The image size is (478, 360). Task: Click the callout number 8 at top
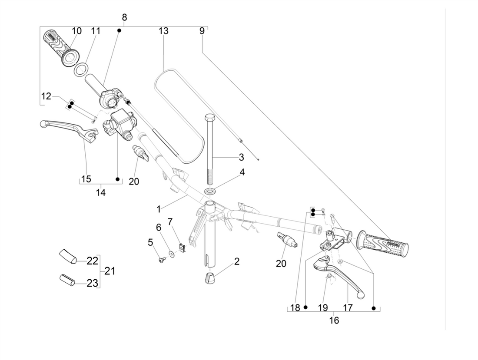pyautogui.click(x=124, y=18)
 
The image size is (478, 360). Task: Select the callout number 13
pyautogui.click(x=163, y=31)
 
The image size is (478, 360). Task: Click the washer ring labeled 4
pyautogui.click(x=211, y=191)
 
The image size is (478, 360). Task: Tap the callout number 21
pyautogui.click(x=110, y=271)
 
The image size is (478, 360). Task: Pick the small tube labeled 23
pyautogui.click(x=67, y=280)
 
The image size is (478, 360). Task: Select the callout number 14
pyautogui.click(x=100, y=192)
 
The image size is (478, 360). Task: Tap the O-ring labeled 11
pyautogui.click(x=80, y=69)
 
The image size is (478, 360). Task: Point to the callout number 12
pyautogui.click(x=46, y=96)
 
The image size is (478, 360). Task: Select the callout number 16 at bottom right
pyautogui.click(x=334, y=320)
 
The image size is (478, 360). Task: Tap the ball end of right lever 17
pyautogui.click(x=360, y=295)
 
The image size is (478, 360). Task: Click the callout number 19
pyautogui.click(x=322, y=308)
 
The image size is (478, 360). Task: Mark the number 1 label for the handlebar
pyautogui.click(x=159, y=209)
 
